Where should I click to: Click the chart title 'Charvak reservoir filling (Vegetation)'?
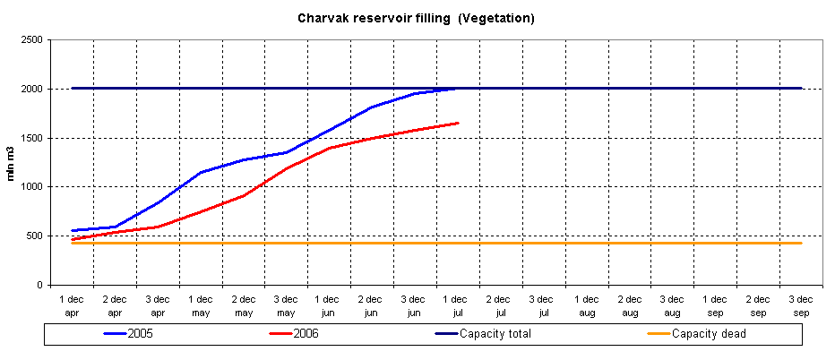pyautogui.click(x=416, y=18)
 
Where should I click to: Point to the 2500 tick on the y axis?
pyautogui.click(x=32, y=40)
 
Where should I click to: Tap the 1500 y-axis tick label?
pyautogui.click(x=32, y=138)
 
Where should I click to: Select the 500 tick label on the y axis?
pyautogui.click(x=35, y=236)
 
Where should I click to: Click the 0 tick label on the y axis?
pyautogui.click(x=41, y=285)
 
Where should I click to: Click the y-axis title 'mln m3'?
pyautogui.click(x=13, y=162)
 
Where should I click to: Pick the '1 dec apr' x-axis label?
pyautogui.click(x=72, y=305)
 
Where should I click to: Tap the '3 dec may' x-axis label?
pyautogui.click(x=286, y=305)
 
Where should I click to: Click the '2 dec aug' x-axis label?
pyautogui.click(x=630, y=305)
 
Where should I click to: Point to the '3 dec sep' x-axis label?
pyautogui.click(x=801, y=305)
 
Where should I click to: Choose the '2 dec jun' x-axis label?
pyautogui.click(x=371, y=305)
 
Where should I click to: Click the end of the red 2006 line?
pyautogui.click(x=458, y=123)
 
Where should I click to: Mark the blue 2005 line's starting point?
pyautogui.click(x=72, y=230)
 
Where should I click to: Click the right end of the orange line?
pyautogui.click(x=801, y=243)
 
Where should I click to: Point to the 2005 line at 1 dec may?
pyautogui.click(x=200, y=172)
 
